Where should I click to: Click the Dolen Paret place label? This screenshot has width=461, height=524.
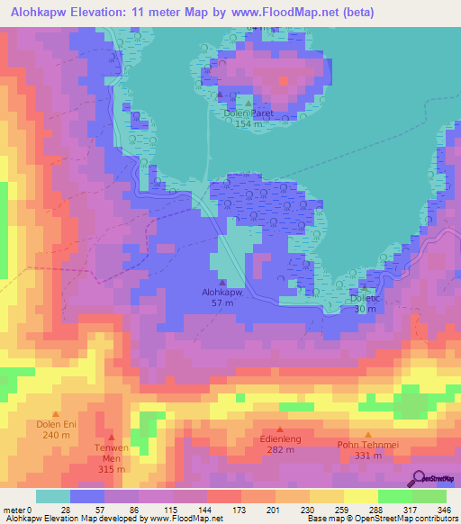click(x=248, y=113)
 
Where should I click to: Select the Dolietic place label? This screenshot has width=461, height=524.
click(x=365, y=297)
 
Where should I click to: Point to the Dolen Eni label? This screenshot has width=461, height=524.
click(x=53, y=422)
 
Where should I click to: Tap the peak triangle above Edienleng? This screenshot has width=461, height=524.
click(x=280, y=430)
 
